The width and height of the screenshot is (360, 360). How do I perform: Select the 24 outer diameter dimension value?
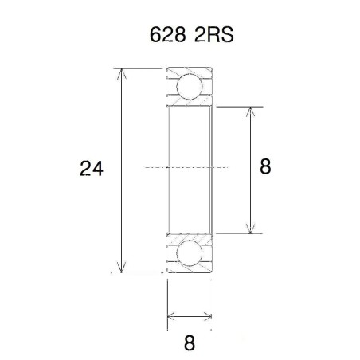coord(90,169)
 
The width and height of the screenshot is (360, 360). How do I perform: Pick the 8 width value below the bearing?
coord(190,343)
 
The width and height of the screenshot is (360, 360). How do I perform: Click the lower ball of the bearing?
coord(190,254)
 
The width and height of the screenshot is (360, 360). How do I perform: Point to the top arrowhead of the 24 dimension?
coord(121,74)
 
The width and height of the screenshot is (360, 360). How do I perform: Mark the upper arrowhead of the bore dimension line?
coord(252,111)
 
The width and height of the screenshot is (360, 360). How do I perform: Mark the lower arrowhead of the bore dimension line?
coord(252,228)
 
